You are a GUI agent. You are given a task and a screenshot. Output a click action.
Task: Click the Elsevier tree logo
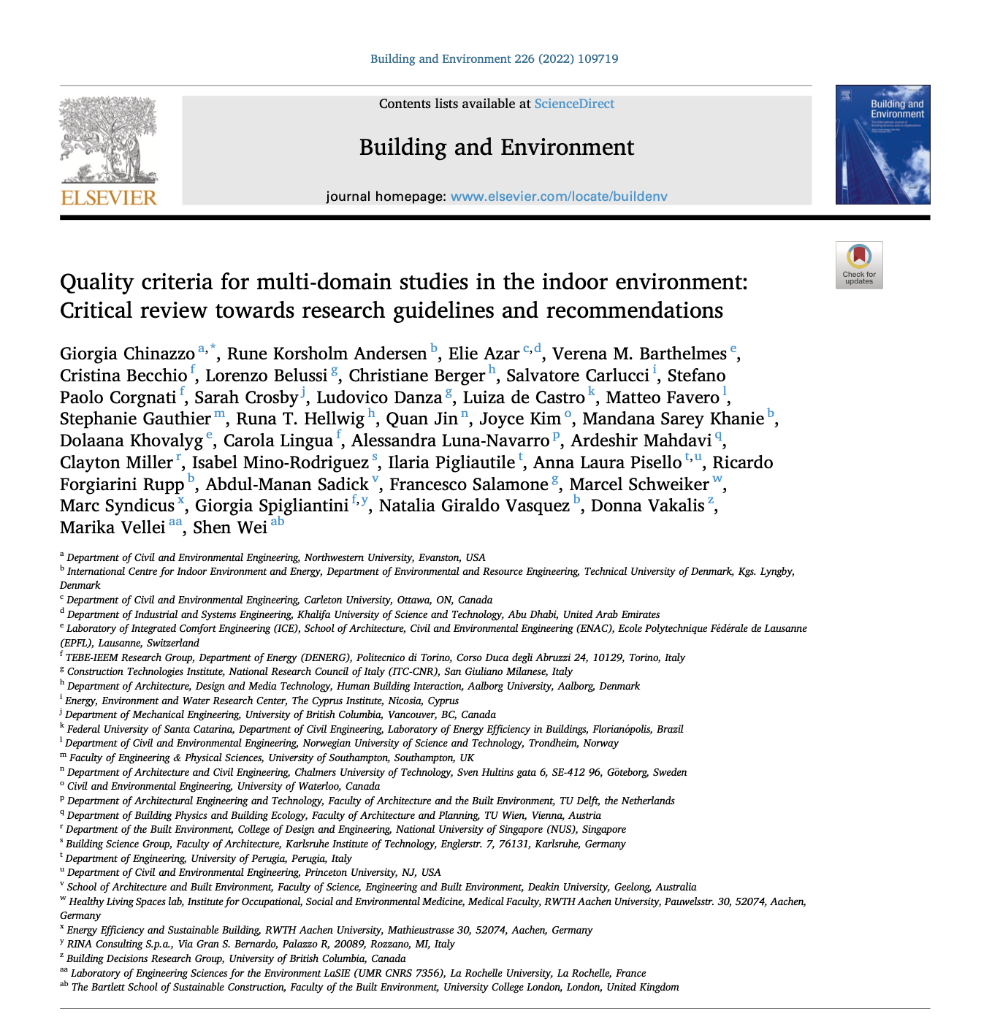[109, 140]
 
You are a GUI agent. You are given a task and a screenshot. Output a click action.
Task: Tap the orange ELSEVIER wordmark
[109, 198]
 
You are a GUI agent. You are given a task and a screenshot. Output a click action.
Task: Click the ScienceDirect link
[574, 104]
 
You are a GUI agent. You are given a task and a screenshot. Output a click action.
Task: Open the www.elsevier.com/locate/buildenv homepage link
[559, 197]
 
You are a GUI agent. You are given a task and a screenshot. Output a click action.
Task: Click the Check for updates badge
[859, 264]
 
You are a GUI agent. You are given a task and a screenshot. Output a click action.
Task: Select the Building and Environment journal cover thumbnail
[882, 145]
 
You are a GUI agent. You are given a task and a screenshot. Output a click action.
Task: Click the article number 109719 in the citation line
[598, 59]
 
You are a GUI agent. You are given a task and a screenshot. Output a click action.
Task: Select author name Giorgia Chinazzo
[127, 354]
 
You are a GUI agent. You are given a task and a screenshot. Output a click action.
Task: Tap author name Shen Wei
[230, 528]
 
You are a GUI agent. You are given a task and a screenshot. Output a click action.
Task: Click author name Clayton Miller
[117, 463]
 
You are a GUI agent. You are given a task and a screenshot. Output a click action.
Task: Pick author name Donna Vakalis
[647, 506]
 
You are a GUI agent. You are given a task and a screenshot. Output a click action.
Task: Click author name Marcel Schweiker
[639, 484]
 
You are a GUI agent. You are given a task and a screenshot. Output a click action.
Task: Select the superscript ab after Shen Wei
[278, 522]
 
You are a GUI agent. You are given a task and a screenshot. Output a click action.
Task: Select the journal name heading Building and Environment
[497, 148]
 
